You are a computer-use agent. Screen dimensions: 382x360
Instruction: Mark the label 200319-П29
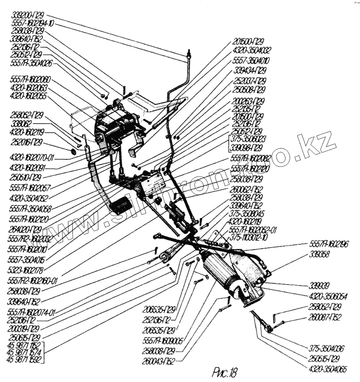[26, 328]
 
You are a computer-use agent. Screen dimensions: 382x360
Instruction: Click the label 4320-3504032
[252, 50]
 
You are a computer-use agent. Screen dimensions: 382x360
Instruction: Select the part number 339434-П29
[250, 70]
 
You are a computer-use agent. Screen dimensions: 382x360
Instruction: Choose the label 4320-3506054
[328, 296]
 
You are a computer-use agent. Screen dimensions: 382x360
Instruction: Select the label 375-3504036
[326, 348]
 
